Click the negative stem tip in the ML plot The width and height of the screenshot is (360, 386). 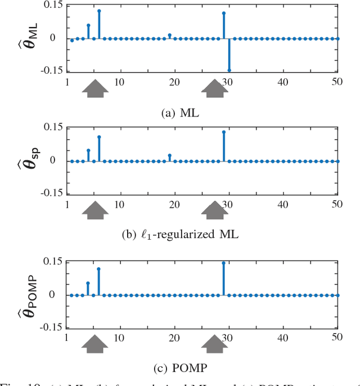click(229, 70)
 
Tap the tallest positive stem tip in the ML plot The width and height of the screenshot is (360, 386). click(99, 11)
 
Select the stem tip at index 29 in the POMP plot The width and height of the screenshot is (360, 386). click(223, 263)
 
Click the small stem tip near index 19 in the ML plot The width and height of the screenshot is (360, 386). click(170, 35)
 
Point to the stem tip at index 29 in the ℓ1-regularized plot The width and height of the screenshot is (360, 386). click(223, 132)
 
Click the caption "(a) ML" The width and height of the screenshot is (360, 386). click(179, 113)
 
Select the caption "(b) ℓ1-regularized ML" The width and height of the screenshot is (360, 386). click(180, 235)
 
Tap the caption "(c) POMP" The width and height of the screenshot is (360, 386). click(179, 369)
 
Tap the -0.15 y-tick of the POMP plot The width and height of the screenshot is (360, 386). click(49, 327)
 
